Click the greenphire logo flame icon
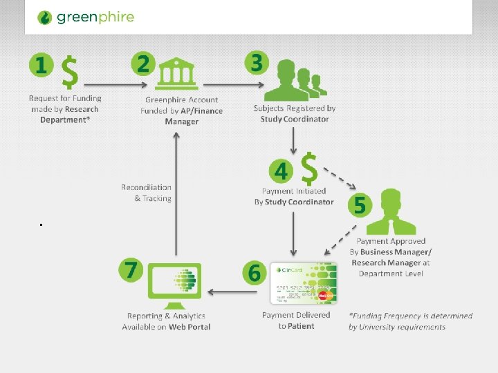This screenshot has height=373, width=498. coord(44,17)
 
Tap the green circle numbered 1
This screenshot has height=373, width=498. coord(41,66)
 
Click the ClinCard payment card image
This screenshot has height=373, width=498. coord(304,283)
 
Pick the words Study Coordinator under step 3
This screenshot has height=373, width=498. coord(294,119)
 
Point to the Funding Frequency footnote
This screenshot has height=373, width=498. coord(411,321)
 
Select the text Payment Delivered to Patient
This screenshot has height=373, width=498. coord(296,321)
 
